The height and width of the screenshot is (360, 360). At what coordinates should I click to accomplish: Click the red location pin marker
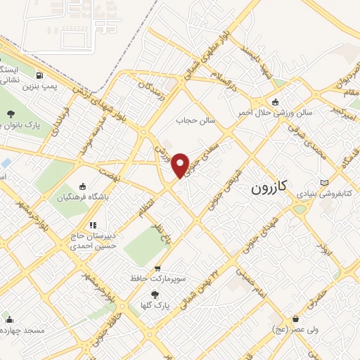pos(181,165)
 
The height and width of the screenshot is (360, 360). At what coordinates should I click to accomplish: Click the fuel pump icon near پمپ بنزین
pos(38,76)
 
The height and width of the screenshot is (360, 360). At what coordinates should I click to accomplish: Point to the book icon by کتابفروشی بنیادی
pos(323,182)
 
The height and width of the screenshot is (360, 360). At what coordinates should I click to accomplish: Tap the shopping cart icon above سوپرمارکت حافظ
pos(157,268)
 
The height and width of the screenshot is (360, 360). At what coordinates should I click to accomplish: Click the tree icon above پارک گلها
pos(154,295)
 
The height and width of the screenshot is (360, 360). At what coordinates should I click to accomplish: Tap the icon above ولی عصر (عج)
pos(295,319)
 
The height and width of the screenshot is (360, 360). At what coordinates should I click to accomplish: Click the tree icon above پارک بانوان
pos(11,113)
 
